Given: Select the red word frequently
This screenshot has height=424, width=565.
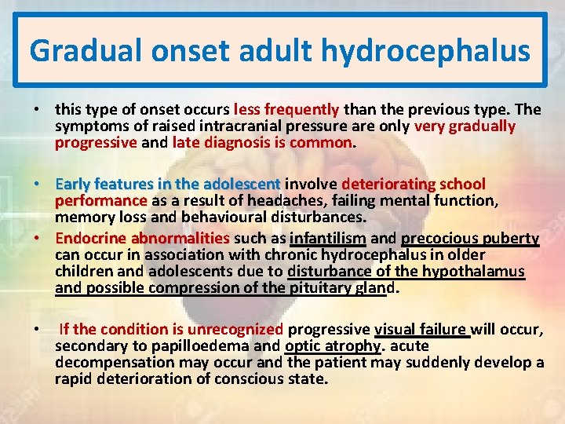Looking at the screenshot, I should (x=302, y=109).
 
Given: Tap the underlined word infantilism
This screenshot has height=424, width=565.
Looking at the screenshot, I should (x=328, y=238).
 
